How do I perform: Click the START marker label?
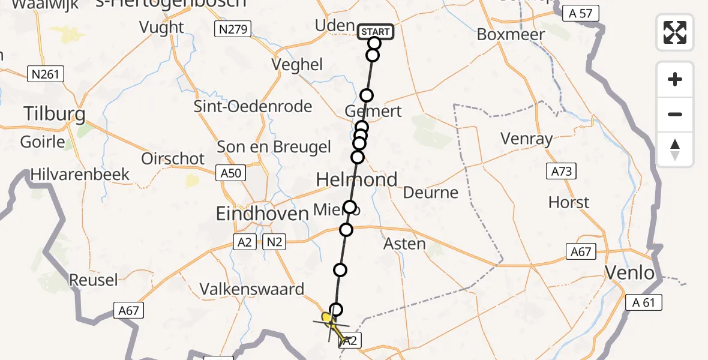[376, 31]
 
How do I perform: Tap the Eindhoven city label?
[262, 214]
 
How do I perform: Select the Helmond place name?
[357, 179]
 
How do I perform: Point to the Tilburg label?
[54, 114]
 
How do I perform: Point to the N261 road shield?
[45, 74]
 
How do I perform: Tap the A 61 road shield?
[643, 302]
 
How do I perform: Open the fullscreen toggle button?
[675, 32]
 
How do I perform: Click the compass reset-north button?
[675, 149]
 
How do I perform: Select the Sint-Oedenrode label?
[253, 107]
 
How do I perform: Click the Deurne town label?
[431, 193]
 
